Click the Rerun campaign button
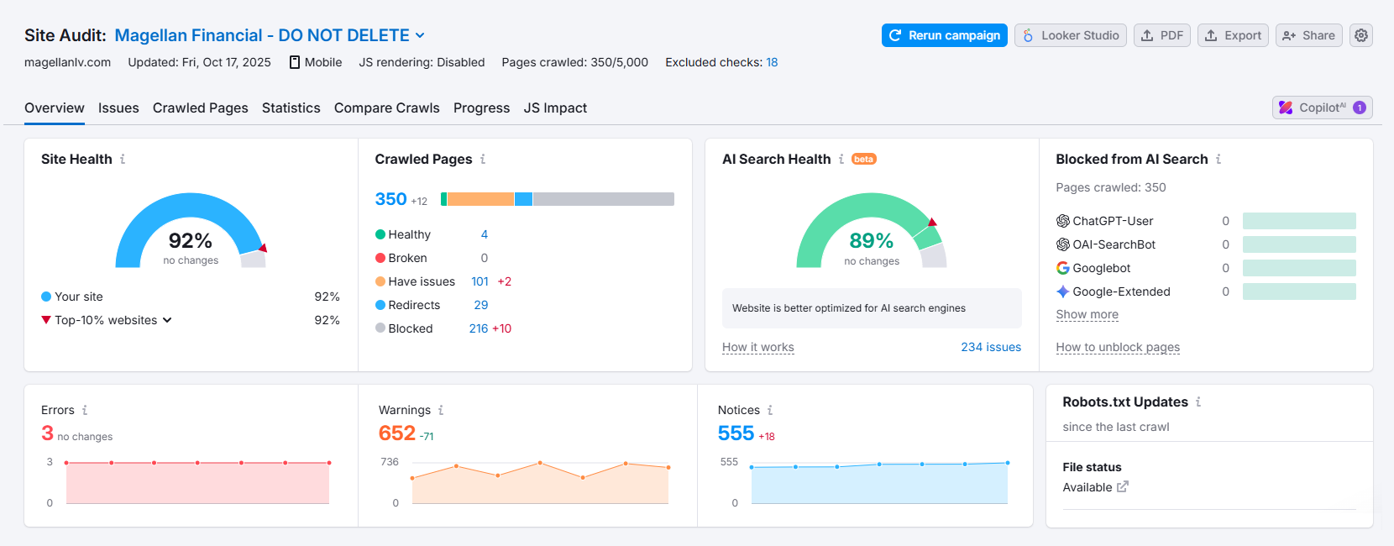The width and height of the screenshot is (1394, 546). pos(944,35)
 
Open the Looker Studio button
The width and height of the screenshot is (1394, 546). pos(1070,35)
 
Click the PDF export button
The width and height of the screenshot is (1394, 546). pos(1162,35)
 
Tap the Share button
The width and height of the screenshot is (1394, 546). pos(1308,35)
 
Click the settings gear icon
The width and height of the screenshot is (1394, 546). pos(1361,35)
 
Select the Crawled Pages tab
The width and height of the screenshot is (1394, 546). pos(200,108)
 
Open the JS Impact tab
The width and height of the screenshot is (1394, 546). pos(555,108)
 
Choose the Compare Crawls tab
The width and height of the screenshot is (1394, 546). pos(386,108)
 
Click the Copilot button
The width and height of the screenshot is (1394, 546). pos(1322,108)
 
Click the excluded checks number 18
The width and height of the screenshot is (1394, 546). pos(772,62)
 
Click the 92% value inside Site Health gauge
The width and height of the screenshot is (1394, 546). pos(191,241)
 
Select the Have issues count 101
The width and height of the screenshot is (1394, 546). pos(480,281)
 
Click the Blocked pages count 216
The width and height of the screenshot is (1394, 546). pos(478,328)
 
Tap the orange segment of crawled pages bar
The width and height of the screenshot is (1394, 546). pos(480,199)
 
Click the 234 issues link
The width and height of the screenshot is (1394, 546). pos(991,347)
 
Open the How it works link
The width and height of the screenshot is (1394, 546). pos(757,347)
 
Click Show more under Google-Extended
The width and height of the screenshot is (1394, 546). pos(1087,314)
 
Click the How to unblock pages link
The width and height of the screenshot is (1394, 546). pos(1118,347)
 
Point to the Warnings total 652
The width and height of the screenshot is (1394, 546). pos(397,433)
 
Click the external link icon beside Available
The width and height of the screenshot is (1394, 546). pos(1123,486)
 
